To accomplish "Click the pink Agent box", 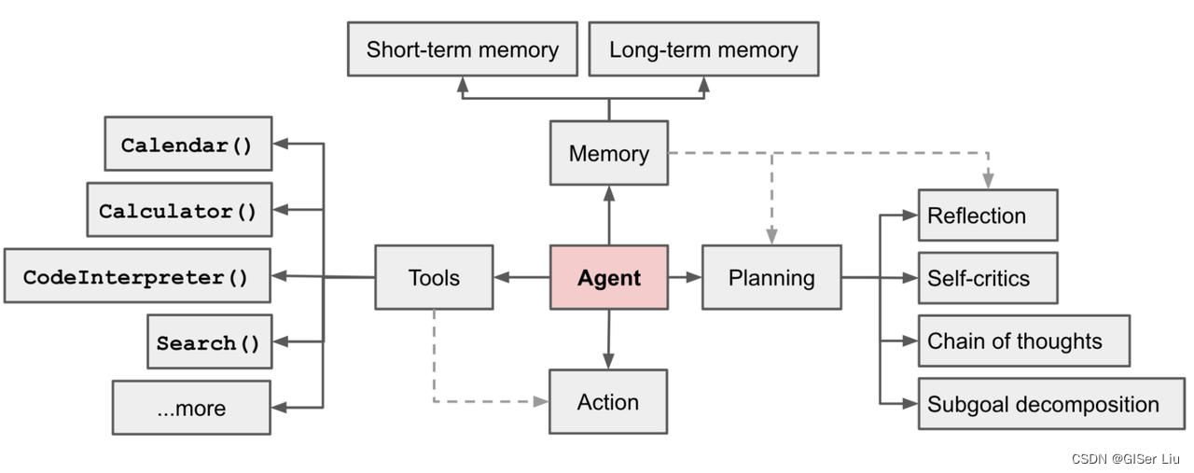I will (609, 277).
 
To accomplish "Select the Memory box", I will (609, 153).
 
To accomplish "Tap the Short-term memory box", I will (462, 49).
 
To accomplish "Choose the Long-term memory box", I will (703, 49).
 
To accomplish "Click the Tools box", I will (434, 277).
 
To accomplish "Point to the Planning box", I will (771, 277).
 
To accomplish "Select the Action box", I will (608, 402).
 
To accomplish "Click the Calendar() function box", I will (187, 145).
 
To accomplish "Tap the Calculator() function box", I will (178, 211).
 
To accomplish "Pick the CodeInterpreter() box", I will (137, 276).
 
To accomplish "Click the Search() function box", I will (209, 342).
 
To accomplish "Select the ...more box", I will (191, 408).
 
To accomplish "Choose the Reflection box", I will (988, 216).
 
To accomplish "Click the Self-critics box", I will (988, 278).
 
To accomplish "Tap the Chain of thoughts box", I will (1023, 341).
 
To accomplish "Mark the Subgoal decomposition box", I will (1050, 404).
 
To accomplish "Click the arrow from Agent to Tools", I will (521, 277).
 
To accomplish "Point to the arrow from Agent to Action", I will (608, 340).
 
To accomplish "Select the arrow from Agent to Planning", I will (685, 277).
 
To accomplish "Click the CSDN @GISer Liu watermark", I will (1125, 459).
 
